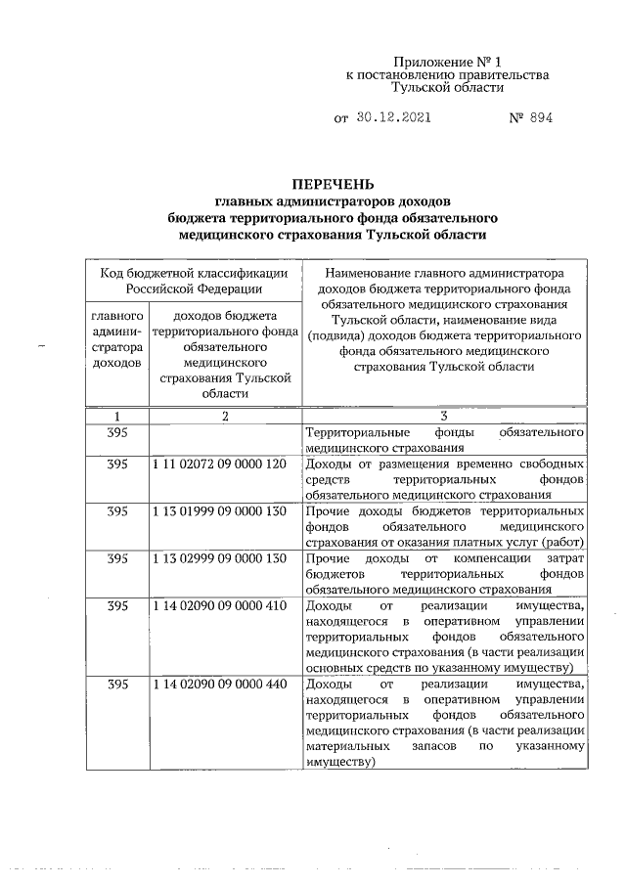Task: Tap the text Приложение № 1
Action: coord(447,60)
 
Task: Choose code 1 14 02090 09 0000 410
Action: coord(219,605)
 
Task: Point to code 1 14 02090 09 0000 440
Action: coord(219,684)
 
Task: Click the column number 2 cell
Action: coord(224,416)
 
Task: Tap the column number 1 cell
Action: coord(116,416)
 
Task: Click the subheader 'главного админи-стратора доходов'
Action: coord(116,339)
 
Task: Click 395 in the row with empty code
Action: coord(116,432)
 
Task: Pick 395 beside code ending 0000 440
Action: coord(116,684)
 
